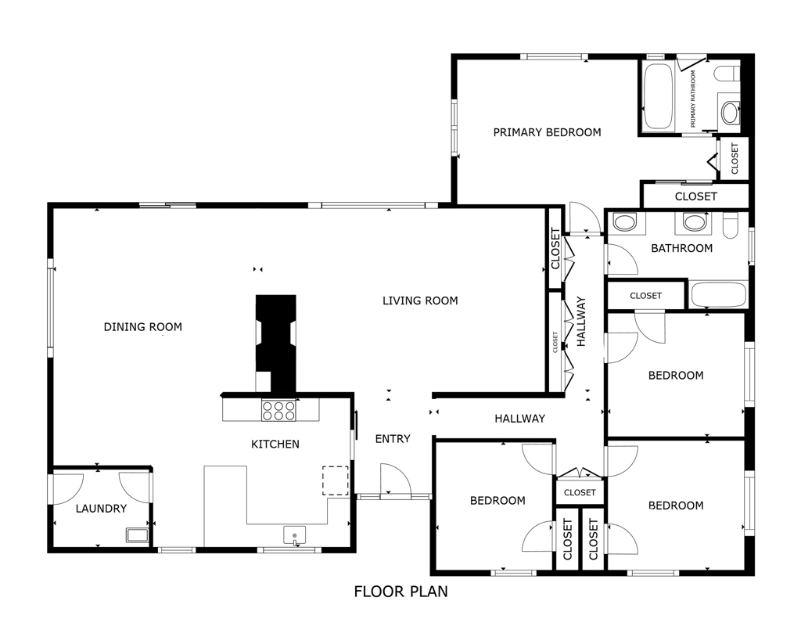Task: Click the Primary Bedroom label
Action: tap(547, 132)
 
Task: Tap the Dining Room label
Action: tap(142, 326)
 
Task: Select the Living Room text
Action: tap(420, 301)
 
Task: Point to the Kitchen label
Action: tap(275, 444)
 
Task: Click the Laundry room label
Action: tap(101, 509)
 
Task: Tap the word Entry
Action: tap(393, 439)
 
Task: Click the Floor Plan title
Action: tap(400, 591)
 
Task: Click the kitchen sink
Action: tap(294, 536)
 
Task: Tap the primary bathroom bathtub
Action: tap(658, 96)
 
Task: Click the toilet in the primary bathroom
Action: tap(727, 74)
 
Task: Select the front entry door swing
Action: tap(395, 479)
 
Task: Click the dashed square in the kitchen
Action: tap(336, 480)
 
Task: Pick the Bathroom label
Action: tap(681, 248)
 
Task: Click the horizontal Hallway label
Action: tap(519, 419)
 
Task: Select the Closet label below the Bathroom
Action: tap(646, 296)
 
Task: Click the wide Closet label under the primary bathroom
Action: tap(695, 196)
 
